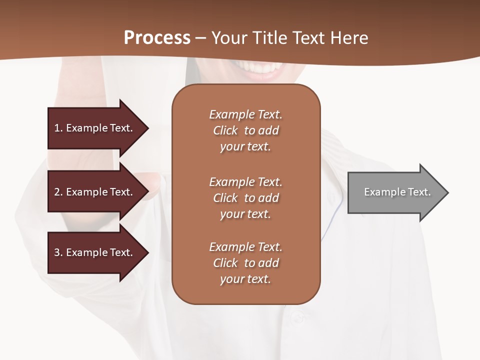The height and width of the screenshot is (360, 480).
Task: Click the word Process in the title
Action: click(x=157, y=38)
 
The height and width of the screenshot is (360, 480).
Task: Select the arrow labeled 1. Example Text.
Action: click(x=95, y=128)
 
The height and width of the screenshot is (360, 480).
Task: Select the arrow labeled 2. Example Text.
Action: click(x=95, y=192)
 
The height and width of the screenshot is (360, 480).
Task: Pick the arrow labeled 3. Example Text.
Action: click(x=95, y=252)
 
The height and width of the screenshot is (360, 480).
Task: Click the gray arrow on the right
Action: click(x=395, y=192)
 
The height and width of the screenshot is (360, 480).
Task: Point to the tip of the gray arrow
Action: click(x=447, y=192)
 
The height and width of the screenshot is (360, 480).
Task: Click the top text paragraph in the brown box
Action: click(x=245, y=130)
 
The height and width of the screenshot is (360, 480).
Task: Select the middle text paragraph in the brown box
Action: click(x=245, y=198)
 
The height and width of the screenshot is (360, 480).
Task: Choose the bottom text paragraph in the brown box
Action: click(x=245, y=263)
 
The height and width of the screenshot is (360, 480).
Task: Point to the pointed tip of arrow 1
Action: click(x=147, y=128)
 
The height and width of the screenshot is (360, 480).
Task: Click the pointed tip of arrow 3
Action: click(x=147, y=252)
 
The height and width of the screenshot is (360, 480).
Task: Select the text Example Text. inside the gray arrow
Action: click(x=397, y=192)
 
